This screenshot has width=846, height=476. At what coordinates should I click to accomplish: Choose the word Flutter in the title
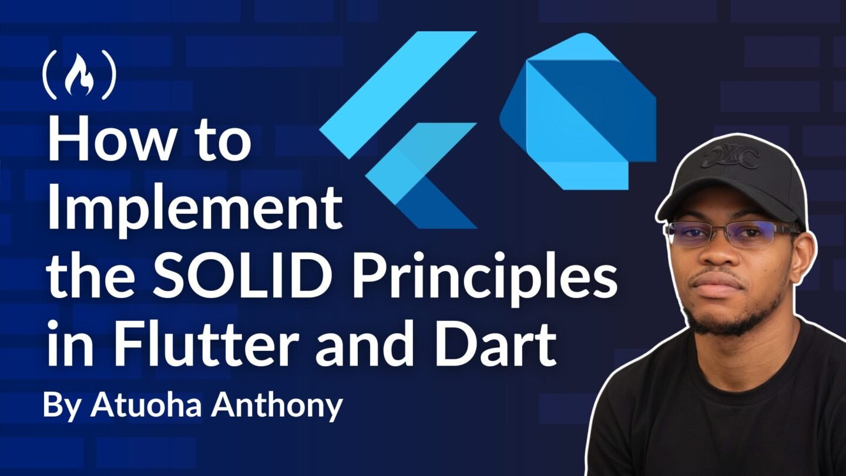pos(204,344)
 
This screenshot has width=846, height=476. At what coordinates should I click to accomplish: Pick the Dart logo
pos(578,112)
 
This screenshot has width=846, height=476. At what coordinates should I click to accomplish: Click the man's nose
pos(721,257)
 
